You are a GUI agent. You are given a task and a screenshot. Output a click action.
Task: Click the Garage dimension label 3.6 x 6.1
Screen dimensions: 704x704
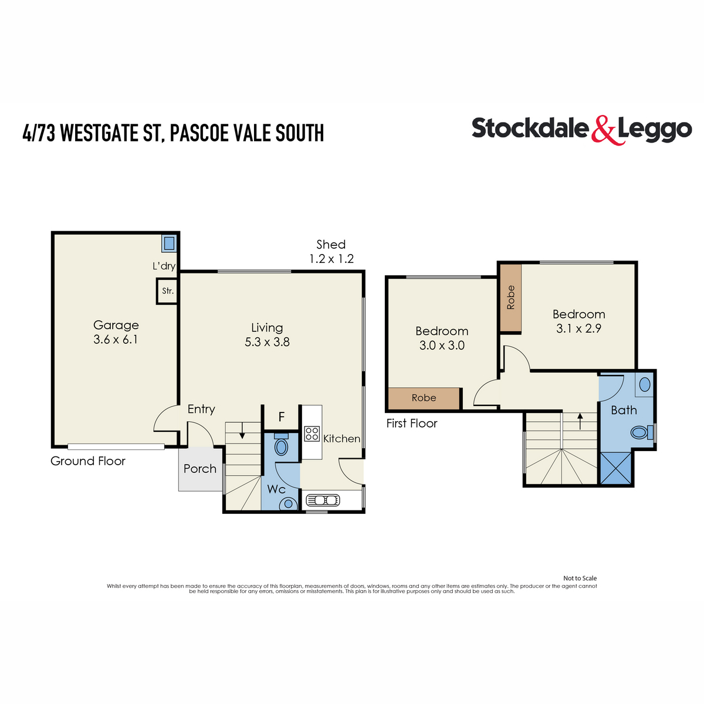click(x=116, y=340)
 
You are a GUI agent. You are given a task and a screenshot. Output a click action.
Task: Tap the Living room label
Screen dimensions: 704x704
click(x=267, y=328)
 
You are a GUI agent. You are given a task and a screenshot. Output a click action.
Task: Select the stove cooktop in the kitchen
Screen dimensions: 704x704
click(x=312, y=434)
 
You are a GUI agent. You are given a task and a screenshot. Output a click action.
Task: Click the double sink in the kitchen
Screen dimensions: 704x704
click(x=323, y=500)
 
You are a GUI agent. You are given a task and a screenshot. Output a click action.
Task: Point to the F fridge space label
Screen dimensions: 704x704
click(x=282, y=417)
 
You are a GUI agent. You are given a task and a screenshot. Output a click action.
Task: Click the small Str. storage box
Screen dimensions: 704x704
click(x=168, y=291)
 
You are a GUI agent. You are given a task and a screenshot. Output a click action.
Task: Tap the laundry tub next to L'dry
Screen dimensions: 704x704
click(x=169, y=243)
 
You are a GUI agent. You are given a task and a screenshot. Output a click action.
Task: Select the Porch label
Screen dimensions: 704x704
click(x=200, y=469)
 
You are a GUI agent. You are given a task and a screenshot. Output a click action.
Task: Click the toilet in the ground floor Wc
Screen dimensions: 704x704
click(x=282, y=446)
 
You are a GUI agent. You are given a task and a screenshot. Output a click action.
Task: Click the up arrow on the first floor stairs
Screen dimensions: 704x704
click(x=580, y=420)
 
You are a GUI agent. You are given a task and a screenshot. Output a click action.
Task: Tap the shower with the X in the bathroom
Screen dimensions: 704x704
click(x=615, y=468)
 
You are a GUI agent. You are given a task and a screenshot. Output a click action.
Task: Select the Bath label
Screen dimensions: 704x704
click(x=624, y=410)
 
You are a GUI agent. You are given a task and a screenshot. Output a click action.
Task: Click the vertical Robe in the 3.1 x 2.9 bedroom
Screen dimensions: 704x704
click(x=510, y=297)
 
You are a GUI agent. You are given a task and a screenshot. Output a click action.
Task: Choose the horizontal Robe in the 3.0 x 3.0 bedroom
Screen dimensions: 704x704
click(x=424, y=398)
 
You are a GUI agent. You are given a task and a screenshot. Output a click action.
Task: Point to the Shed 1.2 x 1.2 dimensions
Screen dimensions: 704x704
click(x=331, y=259)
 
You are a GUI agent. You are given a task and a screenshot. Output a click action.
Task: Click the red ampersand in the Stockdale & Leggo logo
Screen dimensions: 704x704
click(x=603, y=130)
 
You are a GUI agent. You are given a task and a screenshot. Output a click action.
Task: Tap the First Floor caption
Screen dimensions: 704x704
click(x=412, y=424)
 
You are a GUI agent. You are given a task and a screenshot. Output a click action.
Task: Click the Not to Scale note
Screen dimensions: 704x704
click(x=580, y=578)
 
